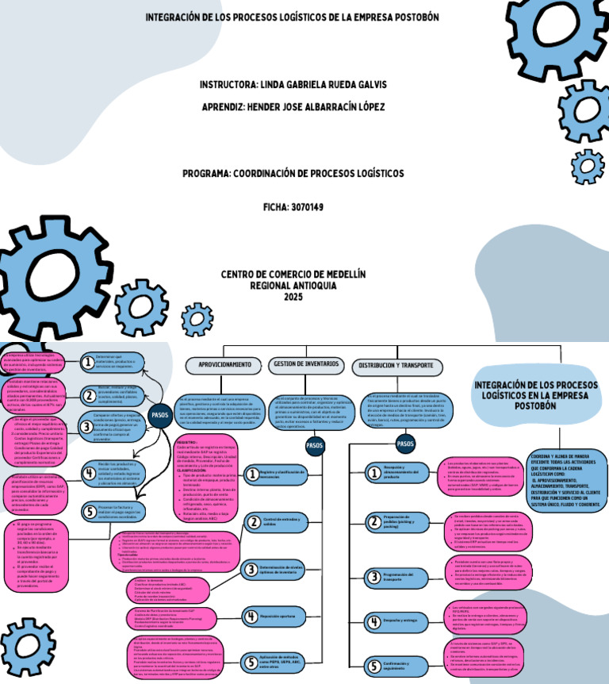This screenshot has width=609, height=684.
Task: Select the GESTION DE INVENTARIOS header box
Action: pyautogui.click(x=305, y=365)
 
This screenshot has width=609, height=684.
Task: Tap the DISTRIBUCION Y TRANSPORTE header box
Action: pyautogui.click(x=396, y=366)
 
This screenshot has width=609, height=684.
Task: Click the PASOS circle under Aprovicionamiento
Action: pyautogui.click(x=160, y=414)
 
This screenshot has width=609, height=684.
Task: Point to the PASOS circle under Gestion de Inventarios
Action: pyautogui.click(x=315, y=446)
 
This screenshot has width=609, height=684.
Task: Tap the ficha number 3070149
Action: pyautogui.click(x=306, y=207)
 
